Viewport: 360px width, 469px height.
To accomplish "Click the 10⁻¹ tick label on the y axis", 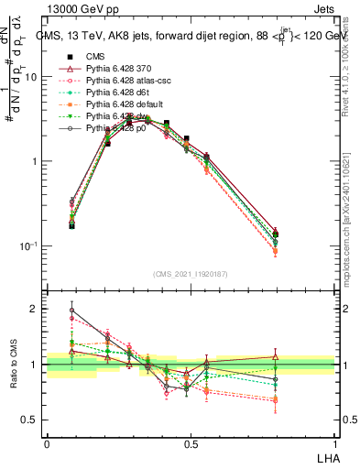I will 30,246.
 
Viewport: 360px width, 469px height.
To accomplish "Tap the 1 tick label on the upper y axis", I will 37,161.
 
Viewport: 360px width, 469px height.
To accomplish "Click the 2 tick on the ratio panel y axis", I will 37,309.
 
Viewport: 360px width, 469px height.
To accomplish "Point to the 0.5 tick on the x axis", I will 191,444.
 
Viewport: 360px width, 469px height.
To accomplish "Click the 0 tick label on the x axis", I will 47,444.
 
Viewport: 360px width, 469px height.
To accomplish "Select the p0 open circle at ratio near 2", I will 71,310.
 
